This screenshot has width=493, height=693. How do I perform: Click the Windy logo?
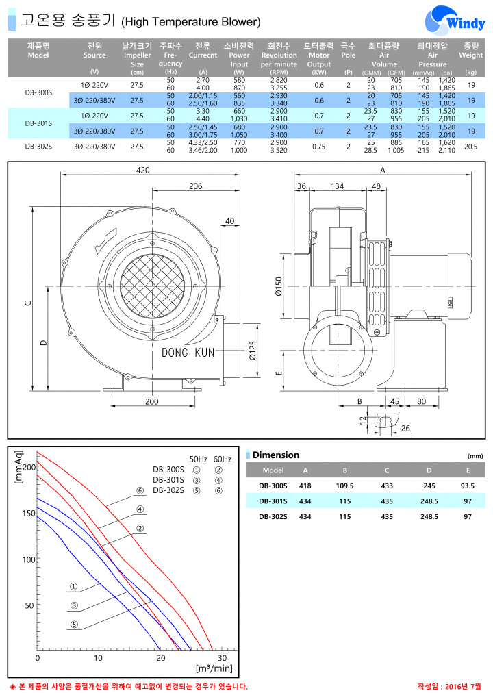pos(455,21)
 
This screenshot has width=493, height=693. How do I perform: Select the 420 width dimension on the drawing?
pos(143,170)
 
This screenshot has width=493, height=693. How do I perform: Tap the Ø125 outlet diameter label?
pos(252,351)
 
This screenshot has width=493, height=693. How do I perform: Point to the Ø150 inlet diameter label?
pos(279,286)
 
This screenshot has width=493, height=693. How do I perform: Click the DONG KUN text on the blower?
pos(188,352)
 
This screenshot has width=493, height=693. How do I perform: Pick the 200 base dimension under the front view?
pos(152,401)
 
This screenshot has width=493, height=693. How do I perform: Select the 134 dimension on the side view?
pos(337,186)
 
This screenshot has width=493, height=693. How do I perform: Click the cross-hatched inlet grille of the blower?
pos(152,286)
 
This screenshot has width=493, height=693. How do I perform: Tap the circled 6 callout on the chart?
pos(140,490)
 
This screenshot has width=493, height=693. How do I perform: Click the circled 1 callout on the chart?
pos(74,586)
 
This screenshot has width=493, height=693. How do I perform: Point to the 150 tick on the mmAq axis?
pos(29,513)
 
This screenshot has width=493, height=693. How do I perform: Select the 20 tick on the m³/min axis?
pos(160,658)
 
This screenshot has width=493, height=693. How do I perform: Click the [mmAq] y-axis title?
pos(18,467)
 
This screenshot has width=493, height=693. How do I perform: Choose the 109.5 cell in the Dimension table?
pos(344,486)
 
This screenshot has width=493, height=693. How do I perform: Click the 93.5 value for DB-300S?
pos(468,486)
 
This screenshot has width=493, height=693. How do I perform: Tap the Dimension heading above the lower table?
pos(276,455)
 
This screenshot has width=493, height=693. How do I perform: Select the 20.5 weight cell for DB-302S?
pos(471,147)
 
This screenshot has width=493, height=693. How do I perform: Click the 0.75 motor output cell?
pos(319,147)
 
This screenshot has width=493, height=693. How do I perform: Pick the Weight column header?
pos(471,51)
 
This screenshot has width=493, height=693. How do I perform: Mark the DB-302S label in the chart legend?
pos(168,490)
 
